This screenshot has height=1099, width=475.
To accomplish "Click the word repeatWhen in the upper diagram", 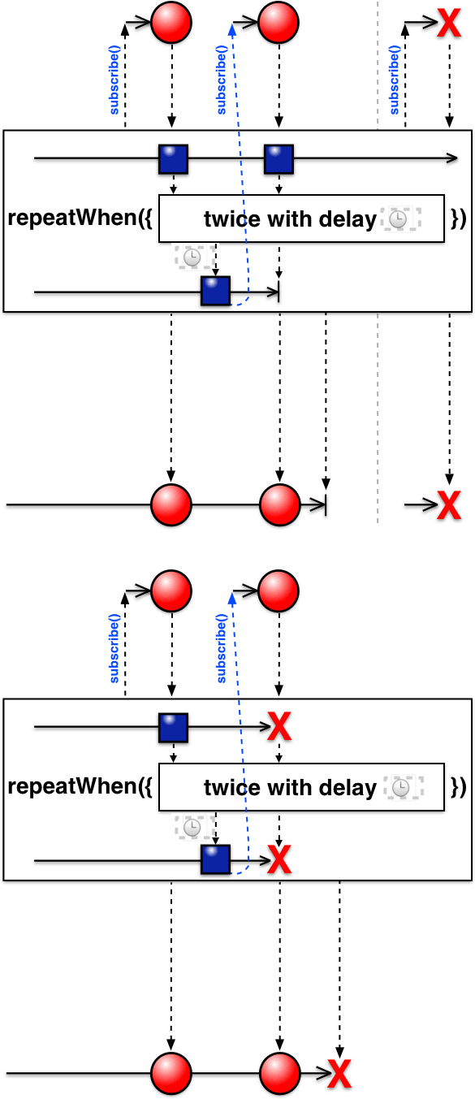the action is tap(71, 218).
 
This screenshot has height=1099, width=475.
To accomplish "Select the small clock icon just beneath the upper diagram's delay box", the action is tap(193, 257).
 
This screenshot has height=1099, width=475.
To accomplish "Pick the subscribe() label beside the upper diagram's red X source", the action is tap(395, 80).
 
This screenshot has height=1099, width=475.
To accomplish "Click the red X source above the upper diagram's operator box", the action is tap(449, 23).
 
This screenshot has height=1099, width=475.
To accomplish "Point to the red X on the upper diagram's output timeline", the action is tap(449, 505).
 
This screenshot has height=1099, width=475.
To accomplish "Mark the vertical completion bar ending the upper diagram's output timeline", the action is tap(326, 504).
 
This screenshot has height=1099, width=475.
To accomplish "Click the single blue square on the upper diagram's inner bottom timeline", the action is tap(216, 292).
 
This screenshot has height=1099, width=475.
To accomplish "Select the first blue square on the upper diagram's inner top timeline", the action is tap(173, 159).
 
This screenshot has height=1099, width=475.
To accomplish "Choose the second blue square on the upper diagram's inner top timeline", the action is tap(279, 159).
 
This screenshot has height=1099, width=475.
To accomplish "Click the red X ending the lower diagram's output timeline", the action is tap(339, 1074).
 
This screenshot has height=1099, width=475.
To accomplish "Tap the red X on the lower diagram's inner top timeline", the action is tap(279, 727).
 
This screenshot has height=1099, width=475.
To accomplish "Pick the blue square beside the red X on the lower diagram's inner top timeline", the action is tap(173, 728).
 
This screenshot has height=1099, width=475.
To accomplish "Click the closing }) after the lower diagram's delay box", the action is tap(458, 787).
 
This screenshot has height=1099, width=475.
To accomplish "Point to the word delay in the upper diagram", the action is tap(348, 219).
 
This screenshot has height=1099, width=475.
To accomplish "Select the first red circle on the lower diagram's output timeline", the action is tap(171, 1073).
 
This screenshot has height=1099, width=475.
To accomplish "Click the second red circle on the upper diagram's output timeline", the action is tap(279, 505).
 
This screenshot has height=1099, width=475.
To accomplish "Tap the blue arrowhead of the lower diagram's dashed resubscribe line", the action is tap(232, 598).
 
